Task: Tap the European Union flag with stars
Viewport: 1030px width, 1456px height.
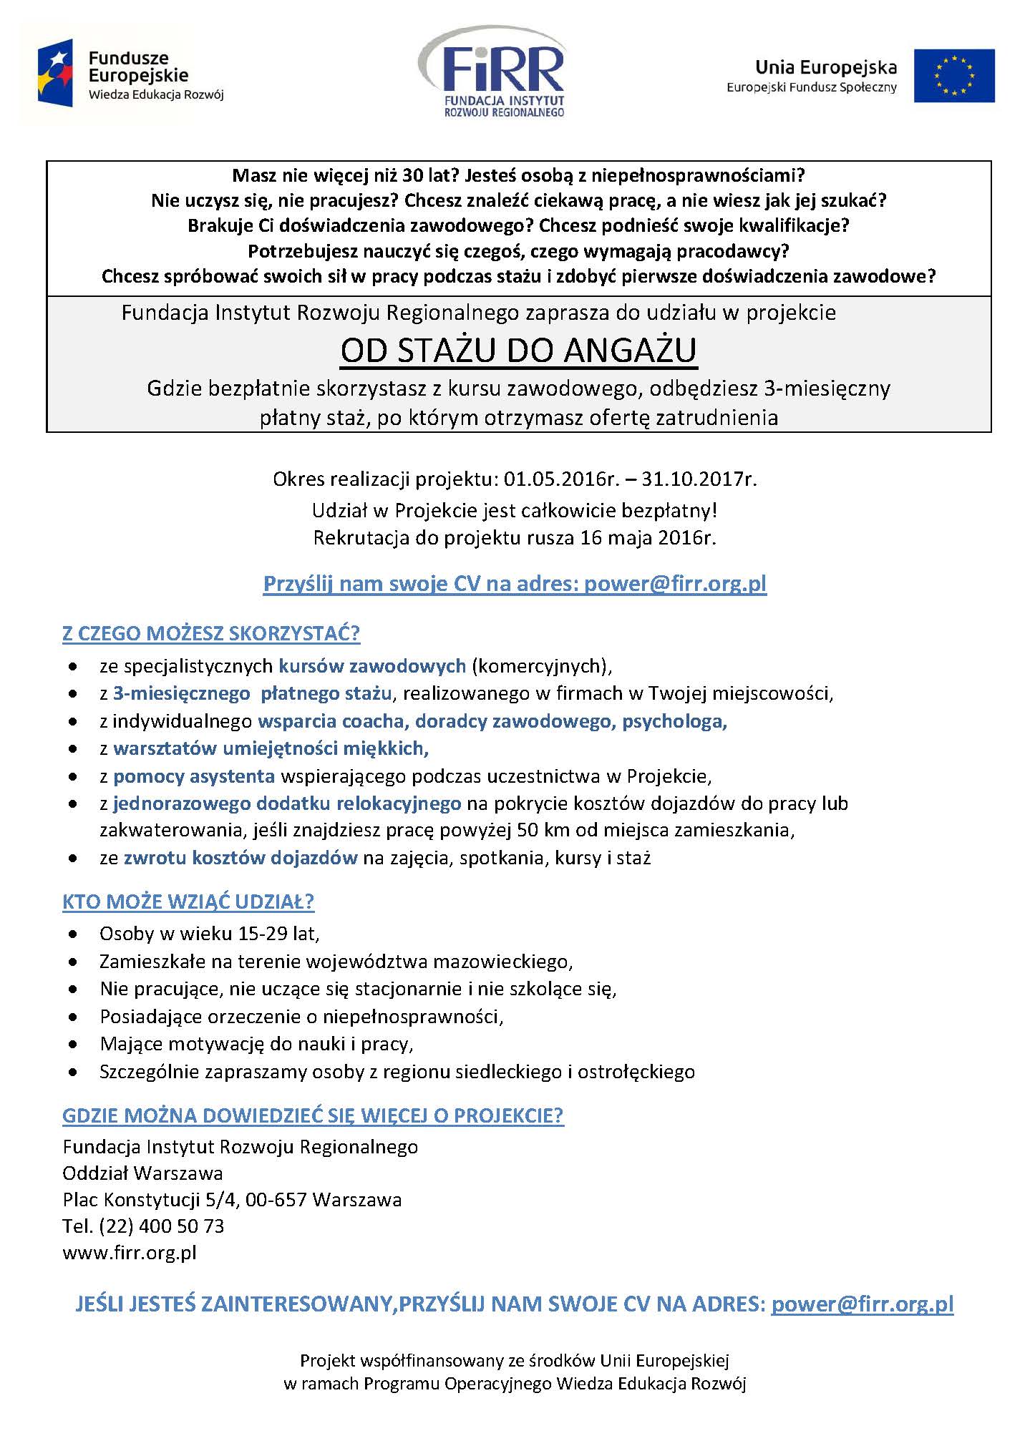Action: pos(953,75)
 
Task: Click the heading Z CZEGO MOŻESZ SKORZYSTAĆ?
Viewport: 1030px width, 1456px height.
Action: pos(211,633)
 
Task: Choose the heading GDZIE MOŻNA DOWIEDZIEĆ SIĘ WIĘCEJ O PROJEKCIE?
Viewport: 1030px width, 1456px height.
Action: pos(313,1115)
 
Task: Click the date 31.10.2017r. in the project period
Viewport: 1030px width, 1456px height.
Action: pos(699,479)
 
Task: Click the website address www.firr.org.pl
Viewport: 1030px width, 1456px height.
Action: pos(129,1252)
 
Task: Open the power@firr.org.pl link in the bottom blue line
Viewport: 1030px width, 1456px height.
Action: pos(862,1304)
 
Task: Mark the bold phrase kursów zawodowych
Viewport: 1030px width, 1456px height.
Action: pos(372,666)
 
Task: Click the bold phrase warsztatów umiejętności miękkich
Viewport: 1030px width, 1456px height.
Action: pos(271,748)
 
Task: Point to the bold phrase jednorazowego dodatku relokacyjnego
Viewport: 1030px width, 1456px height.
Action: pos(287,803)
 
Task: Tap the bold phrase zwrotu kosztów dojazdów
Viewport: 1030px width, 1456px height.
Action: pos(241,857)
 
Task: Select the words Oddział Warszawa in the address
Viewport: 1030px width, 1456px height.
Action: pos(142,1173)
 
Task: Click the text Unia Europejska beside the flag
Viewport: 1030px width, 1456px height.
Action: pos(825,67)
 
